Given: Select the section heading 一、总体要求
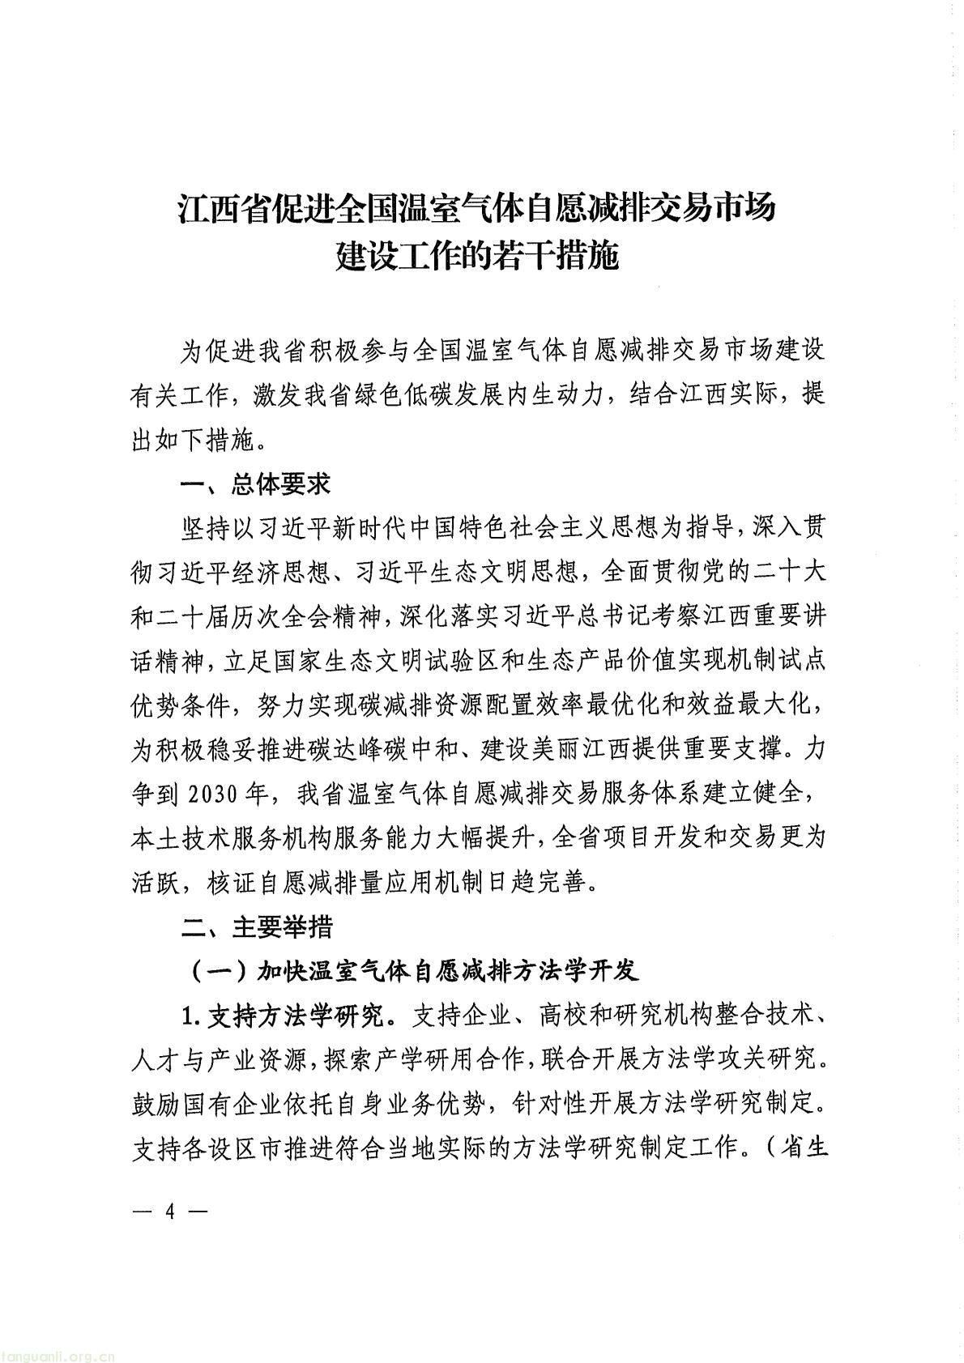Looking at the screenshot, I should click(x=256, y=485).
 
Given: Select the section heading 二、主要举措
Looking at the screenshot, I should click(x=256, y=926).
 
